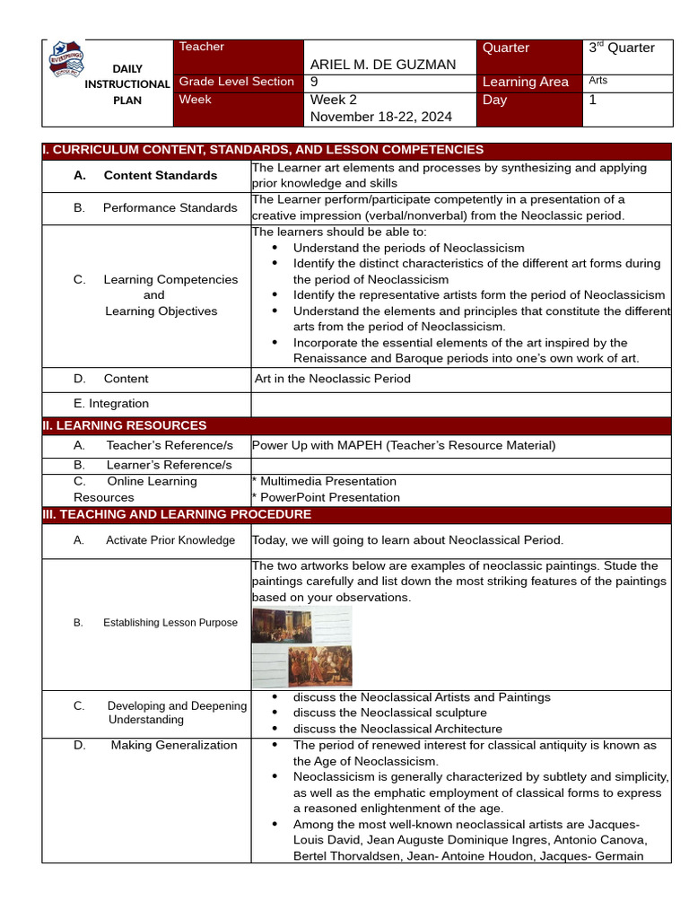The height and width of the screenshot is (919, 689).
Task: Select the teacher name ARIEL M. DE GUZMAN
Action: [x=383, y=65]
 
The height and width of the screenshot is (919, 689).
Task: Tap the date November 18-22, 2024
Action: [x=381, y=117]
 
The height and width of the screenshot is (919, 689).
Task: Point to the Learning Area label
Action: [x=526, y=82]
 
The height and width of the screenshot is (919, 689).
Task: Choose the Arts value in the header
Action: [x=598, y=81]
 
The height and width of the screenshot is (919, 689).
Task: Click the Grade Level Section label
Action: [x=237, y=82]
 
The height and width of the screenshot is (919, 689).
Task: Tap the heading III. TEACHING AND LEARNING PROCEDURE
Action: [x=178, y=514]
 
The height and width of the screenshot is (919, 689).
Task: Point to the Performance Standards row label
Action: [x=170, y=207]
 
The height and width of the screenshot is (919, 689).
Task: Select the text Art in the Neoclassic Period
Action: [x=333, y=379]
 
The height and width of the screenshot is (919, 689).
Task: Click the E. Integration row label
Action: [x=111, y=404]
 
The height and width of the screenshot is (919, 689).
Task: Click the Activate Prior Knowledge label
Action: [x=170, y=540]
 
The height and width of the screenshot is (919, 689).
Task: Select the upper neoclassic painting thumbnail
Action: [x=282, y=626]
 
